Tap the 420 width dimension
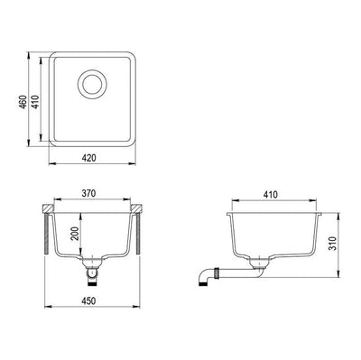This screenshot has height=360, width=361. pos(88,155)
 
